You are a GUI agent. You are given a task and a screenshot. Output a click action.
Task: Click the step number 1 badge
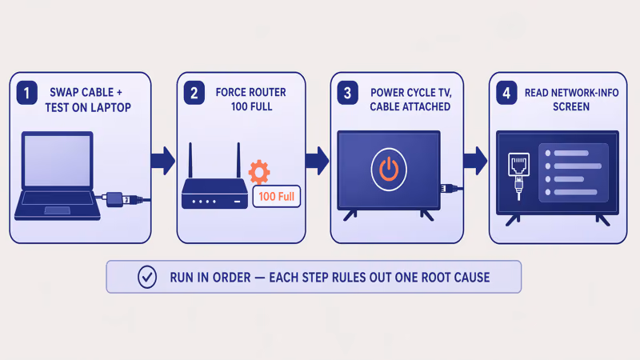click(x=27, y=94)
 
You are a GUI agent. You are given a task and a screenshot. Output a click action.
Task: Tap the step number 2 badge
click(x=194, y=94)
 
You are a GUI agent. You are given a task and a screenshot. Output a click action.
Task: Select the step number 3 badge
click(x=347, y=94)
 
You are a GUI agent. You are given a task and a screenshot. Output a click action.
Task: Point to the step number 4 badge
click(x=506, y=94)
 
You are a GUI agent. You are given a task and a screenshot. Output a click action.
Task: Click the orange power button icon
click(x=388, y=169)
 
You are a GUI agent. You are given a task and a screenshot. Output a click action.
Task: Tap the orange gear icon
click(x=259, y=172)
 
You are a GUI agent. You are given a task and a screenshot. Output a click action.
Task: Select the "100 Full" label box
click(x=276, y=196)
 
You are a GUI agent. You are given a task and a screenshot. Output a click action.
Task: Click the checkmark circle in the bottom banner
click(x=147, y=277)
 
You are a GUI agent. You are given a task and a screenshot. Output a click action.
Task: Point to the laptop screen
click(x=57, y=161)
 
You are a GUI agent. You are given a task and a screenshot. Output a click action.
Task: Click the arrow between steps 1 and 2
click(x=163, y=159)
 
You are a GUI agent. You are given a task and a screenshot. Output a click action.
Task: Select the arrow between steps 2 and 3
click(x=317, y=159)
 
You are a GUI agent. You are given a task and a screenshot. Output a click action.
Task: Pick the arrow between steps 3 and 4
click(x=475, y=159)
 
